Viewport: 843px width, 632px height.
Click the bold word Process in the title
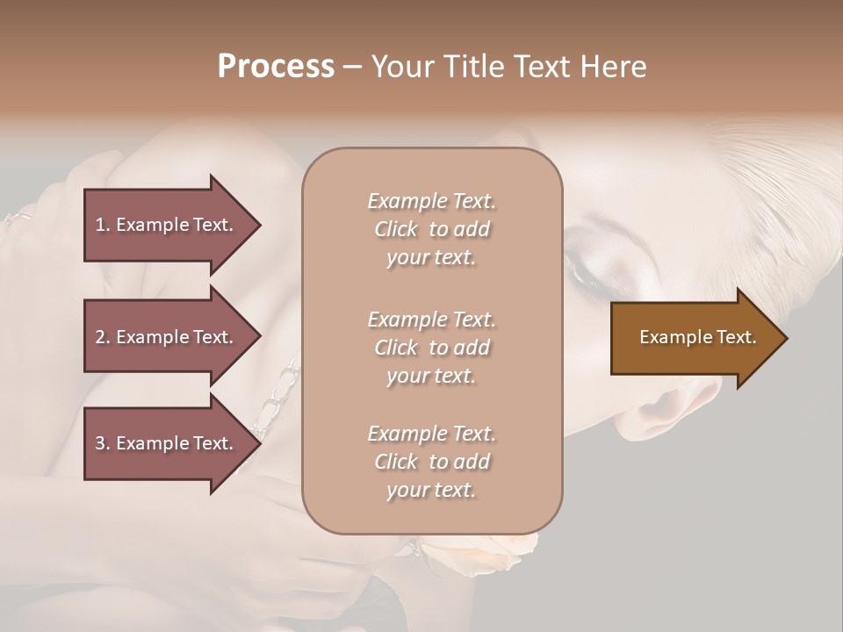(x=276, y=66)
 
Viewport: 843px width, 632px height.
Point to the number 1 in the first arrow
(x=100, y=225)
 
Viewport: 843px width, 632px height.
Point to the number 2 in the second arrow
(x=100, y=337)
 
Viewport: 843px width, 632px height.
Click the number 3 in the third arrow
(x=100, y=443)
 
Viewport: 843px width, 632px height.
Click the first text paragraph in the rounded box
(x=431, y=229)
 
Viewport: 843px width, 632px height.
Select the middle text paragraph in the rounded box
(x=431, y=347)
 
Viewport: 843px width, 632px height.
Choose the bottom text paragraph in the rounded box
(x=431, y=462)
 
